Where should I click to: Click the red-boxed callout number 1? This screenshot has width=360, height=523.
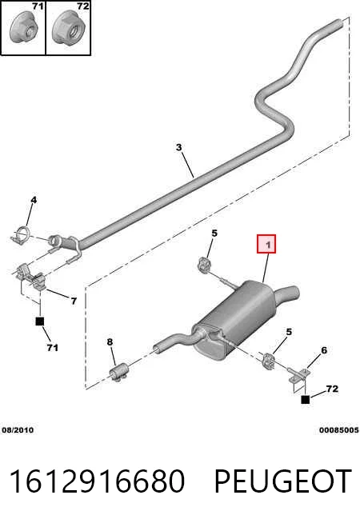tap(266, 244)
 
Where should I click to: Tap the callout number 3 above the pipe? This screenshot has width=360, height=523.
tap(179, 147)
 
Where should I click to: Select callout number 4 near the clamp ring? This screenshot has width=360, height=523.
tap(34, 200)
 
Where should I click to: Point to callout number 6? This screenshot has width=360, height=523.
tap(324, 350)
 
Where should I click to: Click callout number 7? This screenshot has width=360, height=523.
tap(74, 301)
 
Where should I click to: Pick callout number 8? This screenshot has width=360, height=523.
tap(110, 341)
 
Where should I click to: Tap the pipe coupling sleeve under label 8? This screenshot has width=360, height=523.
tap(119, 372)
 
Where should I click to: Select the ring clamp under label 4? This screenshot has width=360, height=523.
tap(22, 234)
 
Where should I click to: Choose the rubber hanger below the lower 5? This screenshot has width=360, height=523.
tap(268, 361)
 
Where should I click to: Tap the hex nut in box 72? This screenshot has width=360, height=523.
tap(70, 30)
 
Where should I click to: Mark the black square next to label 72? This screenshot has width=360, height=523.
tap(305, 399)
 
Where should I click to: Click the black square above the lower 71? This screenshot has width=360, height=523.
tap(40, 321)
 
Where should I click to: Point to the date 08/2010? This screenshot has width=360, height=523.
tap(18, 430)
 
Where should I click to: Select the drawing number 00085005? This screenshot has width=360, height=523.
tap(338, 430)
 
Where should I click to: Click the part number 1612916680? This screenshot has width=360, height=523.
tap(97, 481)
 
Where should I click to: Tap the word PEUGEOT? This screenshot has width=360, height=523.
tap(282, 481)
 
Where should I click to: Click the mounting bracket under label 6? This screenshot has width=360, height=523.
tap(298, 378)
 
